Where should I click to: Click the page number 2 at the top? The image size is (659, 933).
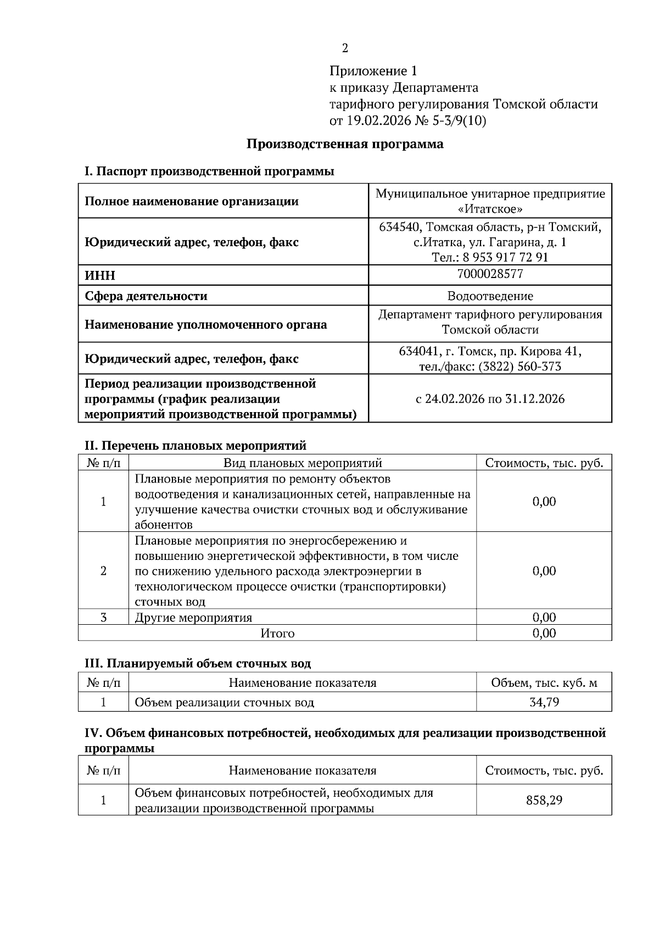[x=345, y=48]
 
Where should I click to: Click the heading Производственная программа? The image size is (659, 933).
[x=344, y=145]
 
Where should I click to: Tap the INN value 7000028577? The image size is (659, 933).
[x=490, y=274]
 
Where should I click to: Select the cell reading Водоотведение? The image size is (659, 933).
[x=490, y=296]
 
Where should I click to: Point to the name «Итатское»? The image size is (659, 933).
[x=490, y=209]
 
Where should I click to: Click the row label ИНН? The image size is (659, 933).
[x=100, y=275]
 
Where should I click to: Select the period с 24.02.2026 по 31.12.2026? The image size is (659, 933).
[x=490, y=398]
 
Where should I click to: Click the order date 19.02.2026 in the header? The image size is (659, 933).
[x=377, y=120]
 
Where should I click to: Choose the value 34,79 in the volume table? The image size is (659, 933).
[x=544, y=702]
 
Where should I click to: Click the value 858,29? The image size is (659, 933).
[x=544, y=800]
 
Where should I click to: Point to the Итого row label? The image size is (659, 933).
[x=277, y=633]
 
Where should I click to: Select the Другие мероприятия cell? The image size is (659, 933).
[x=193, y=617]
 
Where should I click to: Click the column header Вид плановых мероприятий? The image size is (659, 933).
[x=303, y=463]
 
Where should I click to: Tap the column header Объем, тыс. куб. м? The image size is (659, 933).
[x=544, y=683]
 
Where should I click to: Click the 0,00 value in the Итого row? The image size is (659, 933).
[x=544, y=633]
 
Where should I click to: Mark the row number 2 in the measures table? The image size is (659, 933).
[x=103, y=570]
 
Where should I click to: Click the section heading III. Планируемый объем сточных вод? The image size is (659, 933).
[x=198, y=663]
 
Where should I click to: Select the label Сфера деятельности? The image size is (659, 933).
[x=146, y=296]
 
